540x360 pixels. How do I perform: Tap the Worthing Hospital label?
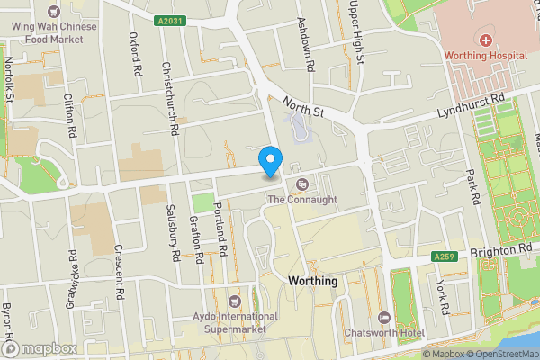pyautogui.click(x=487, y=56)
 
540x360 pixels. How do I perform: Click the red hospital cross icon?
pyautogui.click(x=486, y=40)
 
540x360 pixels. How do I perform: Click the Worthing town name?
pyautogui.click(x=312, y=281)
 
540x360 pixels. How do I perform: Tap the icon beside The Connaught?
pyautogui.click(x=301, y=184)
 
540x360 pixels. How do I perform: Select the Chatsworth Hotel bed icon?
pyautogui.click(x=384, y=317)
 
